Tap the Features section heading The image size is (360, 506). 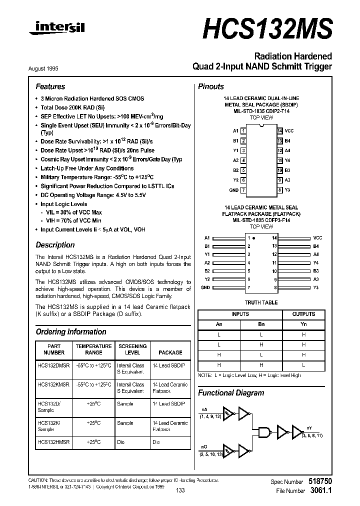click(50, 86)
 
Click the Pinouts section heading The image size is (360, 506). click(211, 86)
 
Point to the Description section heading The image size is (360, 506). click(55, 245)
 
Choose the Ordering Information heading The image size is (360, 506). click(71, 331)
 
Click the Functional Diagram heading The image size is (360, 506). click(231, 392)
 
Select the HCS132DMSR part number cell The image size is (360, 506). click(53, 365)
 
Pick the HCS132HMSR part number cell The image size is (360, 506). click(53, 442)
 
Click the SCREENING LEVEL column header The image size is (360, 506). click(132, 349)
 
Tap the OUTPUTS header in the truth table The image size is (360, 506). click(303, 314)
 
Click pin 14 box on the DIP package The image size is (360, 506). click(280, 130)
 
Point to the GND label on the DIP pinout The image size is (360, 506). click(233, 190)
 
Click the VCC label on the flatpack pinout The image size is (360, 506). click(318, 238)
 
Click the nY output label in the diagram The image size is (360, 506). click(309, 428)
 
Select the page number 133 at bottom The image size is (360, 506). click(180, 490)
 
